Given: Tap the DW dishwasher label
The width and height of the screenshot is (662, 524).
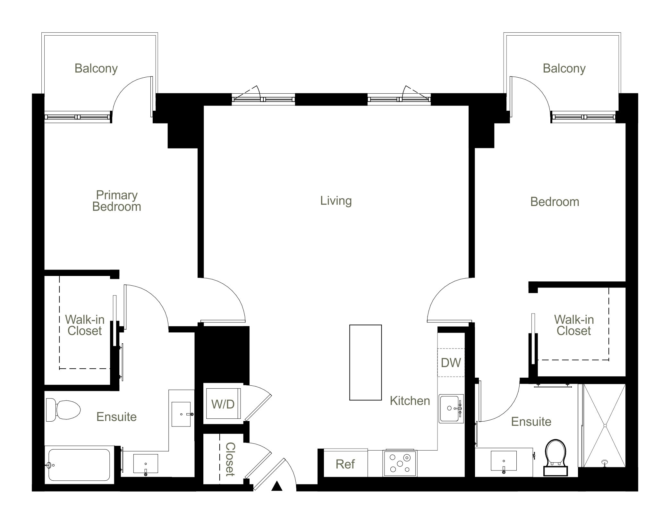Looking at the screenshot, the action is (451, 363).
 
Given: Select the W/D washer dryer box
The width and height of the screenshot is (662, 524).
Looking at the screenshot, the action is (223, 404).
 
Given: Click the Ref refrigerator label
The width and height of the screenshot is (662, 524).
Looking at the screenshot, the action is (345, 464).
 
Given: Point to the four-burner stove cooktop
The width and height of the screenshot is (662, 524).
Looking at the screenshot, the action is (400, 463).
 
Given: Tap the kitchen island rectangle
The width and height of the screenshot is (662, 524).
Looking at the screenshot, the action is (365, 362).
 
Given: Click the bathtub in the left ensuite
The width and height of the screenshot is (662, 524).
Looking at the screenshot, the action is (79, 464).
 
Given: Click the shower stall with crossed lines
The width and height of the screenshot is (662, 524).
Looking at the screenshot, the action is (604, 425).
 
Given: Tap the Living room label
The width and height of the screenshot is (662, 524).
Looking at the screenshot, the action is (336, 201).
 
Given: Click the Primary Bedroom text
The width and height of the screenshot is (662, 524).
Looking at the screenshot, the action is (117, 201).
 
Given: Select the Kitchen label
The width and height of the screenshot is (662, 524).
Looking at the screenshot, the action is (410, 401).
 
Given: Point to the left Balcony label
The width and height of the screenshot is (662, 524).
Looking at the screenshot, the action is (96, 68).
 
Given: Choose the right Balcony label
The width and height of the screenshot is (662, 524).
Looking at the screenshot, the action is (564, 68).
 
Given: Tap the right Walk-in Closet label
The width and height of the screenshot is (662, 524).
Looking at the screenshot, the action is (574, 325).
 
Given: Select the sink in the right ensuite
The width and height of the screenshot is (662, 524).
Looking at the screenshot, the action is (504, 461).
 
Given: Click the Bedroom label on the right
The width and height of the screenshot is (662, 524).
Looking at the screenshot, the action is (555, 202).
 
